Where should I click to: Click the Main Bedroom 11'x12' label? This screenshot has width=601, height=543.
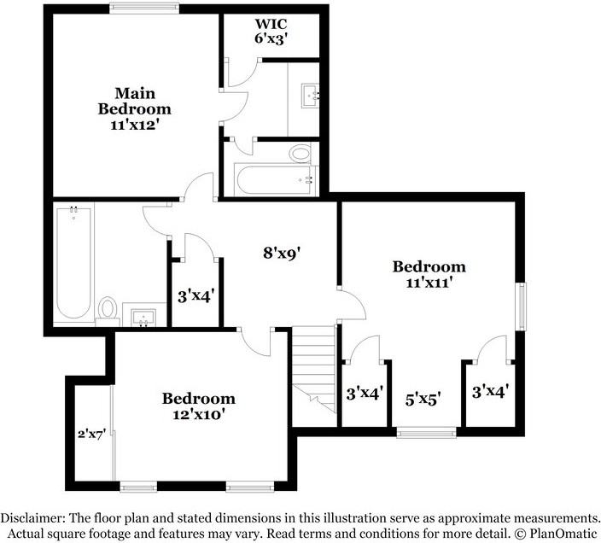click(x=134, y=108)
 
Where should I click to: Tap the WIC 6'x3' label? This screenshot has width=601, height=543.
click(x=271, y=31)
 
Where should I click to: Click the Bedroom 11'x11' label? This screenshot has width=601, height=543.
click(x=429, y=275)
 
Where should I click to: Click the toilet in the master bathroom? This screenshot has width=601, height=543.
click(x=300, y=155)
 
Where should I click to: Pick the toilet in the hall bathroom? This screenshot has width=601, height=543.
click(x=108, y=308)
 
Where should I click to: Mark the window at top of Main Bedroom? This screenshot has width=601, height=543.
click(x=133, y=9)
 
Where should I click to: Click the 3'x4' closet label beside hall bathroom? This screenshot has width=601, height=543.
click(x=195, y=297)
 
